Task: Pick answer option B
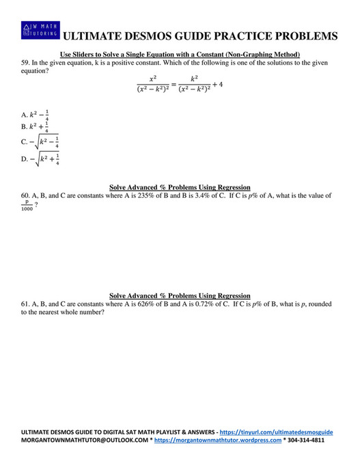[35, 127]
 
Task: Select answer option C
[39, 142]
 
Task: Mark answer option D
[39, 159]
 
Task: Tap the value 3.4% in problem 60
[183, 196]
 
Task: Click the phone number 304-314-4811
[305, 441]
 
